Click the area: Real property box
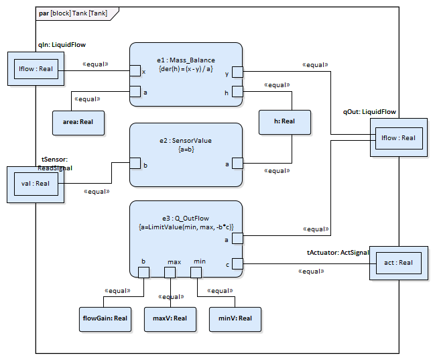[x=78, y=121]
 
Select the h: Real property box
[x=285, y=121]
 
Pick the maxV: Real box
[x=170, y=318]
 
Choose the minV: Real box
[x=235, y=318]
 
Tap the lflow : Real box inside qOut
[x=398, y=138]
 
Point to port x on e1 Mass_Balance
[x=135, y=70]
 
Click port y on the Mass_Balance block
[x=237, y=70]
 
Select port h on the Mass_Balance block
[x=237, y=92]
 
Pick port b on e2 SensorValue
[x=135, y=163]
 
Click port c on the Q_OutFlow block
[x=237, y=263]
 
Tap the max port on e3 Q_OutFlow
[x=170, y=272]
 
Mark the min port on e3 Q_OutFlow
[x=196, y=272]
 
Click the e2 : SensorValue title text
[x=186, y=141]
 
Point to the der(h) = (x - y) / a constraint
[x=186, y=69]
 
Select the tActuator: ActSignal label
[x=338, y=252]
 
